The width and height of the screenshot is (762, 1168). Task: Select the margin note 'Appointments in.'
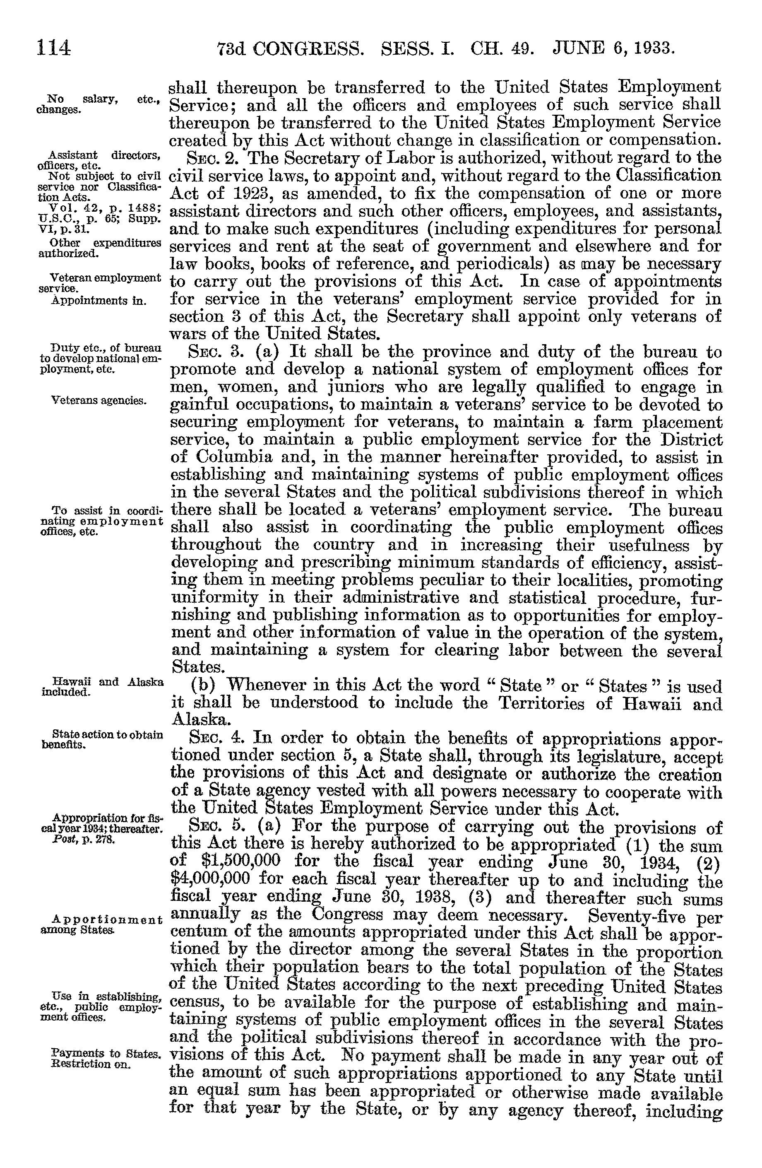[99, 300]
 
